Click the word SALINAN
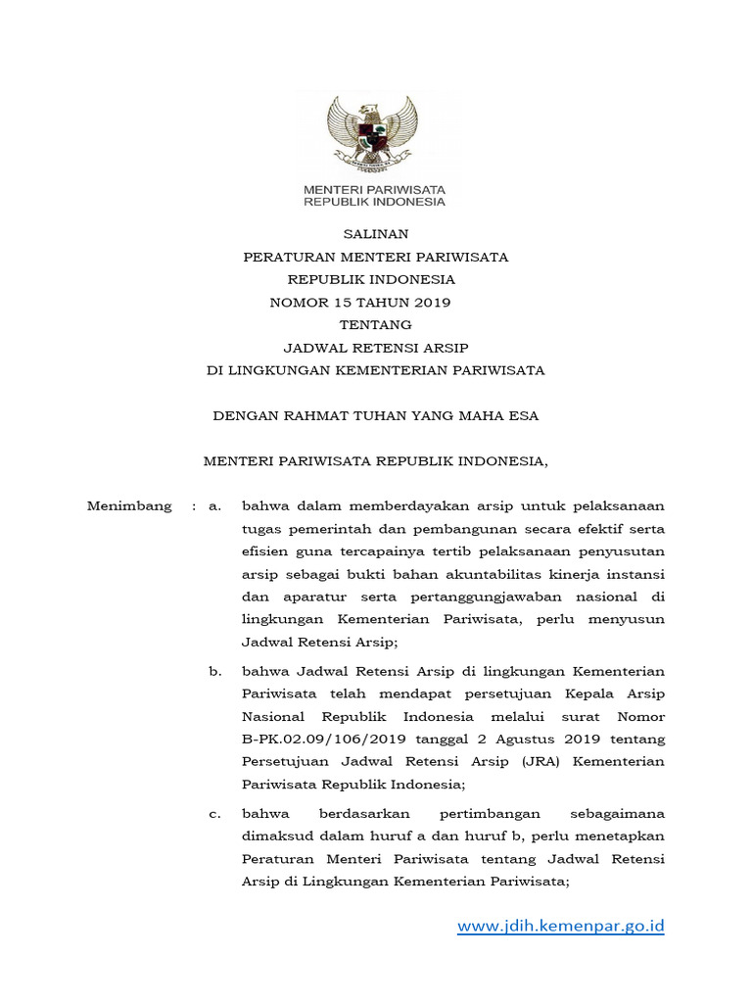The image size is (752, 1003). (375, 234)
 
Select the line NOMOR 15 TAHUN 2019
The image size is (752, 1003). (359, 303)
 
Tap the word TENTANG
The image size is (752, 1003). (375, 325)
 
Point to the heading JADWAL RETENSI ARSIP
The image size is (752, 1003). (375, 348)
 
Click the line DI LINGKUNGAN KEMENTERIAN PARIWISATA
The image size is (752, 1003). (375, 371)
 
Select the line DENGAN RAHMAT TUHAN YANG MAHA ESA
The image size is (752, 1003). (375, 416)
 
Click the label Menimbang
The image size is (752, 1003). (129, 506)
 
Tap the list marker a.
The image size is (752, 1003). (215, 506)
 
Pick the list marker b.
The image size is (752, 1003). (215, 671)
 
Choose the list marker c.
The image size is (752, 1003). (215, 814)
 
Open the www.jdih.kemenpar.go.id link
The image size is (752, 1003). (561, 926)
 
